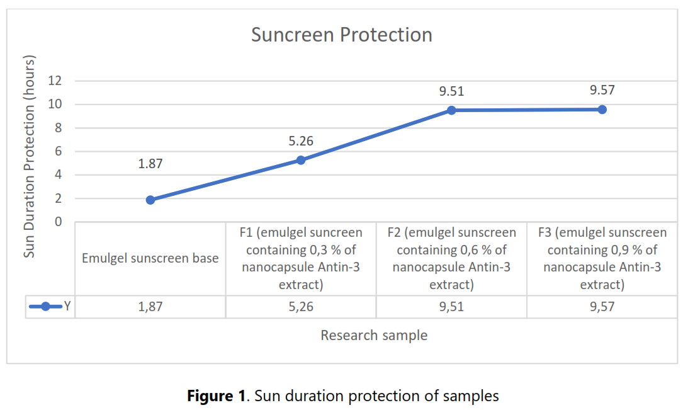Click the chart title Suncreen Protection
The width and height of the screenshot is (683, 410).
(x=342, y=35)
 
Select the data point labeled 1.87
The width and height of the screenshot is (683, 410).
(x=150, y=200)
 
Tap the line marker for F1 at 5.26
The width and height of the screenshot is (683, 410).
(x=301, y=160)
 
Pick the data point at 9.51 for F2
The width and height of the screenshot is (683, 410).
(x=451, y=110)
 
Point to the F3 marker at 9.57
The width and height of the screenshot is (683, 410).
(x=602, y=110)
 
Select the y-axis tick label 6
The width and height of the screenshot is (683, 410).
(x=60, y=151)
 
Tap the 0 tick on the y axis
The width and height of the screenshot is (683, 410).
(x=60, y=222)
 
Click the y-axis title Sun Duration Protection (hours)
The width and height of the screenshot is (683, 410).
(x=30, y=156)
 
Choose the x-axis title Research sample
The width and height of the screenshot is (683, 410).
(x=374, y=335)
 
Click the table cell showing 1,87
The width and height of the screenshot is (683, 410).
(x=150, y=307)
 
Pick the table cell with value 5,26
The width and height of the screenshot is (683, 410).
(x=301, y=307)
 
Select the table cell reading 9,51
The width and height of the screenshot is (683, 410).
(x=451, y=307)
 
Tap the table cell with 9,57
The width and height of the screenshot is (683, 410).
(x=602, y=307)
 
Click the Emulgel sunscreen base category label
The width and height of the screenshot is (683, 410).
(x=150, y=258)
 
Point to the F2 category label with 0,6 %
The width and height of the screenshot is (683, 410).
(x=451, y=258)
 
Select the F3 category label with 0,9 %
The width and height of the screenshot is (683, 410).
(x=602, y=258)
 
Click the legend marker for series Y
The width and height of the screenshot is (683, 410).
(x=45, y=307)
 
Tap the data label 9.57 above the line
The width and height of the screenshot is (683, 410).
(x=602, y=90)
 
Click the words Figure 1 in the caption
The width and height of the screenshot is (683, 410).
(x=216, y=396)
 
